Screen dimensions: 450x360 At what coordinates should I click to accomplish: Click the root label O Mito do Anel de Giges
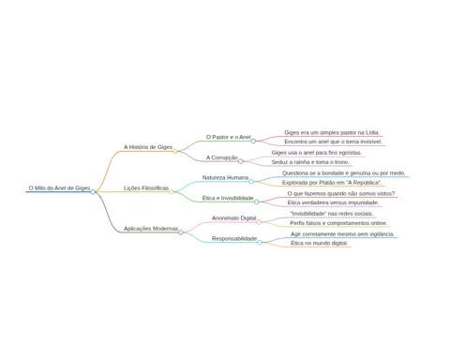59,188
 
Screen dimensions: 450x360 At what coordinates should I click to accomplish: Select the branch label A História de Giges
148,147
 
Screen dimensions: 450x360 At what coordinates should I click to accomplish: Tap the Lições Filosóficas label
146,188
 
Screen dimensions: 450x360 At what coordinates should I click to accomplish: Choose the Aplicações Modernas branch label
151,229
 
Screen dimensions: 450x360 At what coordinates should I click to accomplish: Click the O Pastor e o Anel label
228,137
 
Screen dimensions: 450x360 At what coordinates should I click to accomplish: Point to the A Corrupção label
222,157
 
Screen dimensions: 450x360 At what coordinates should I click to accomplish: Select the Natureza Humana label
225,177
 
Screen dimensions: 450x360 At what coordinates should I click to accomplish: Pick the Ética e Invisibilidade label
228,198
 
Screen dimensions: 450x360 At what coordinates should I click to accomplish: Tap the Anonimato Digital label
233,218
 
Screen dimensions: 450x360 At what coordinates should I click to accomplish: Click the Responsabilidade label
234,238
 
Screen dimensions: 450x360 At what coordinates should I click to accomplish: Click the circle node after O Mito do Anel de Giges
93,192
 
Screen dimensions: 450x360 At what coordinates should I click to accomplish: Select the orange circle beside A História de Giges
175,151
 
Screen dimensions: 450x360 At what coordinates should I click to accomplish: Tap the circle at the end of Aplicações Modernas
181,232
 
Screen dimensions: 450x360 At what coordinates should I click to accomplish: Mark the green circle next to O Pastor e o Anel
253,141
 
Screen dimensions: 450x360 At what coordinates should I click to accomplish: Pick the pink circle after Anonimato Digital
259,222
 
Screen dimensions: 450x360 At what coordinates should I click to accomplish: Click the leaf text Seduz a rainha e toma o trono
310,162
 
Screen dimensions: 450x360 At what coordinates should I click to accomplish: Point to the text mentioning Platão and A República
332,183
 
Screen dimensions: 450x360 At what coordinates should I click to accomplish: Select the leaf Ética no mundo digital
319,243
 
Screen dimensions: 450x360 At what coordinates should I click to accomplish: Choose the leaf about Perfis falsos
338,223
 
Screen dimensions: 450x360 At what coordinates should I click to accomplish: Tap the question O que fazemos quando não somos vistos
341,194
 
